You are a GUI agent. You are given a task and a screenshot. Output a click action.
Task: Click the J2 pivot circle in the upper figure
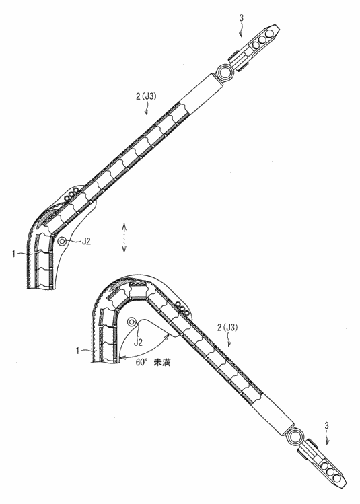(63, 240)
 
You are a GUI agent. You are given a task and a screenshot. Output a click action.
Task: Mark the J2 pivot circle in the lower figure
(133, 323)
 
